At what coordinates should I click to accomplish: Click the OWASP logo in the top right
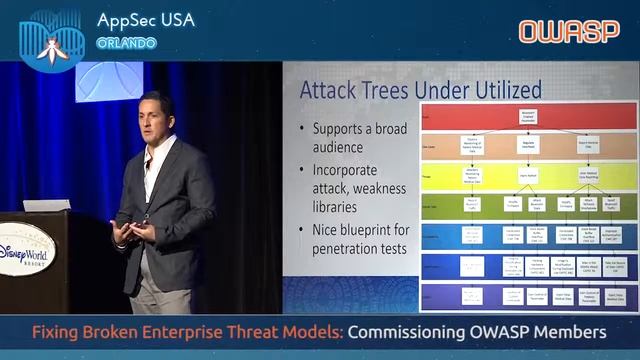[569, 31]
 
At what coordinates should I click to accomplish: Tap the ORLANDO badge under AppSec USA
[126, 43]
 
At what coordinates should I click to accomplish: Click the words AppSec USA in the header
[146, 20]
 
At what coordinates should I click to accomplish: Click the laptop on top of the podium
[47, 204]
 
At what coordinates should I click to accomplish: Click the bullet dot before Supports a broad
[303, 130]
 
